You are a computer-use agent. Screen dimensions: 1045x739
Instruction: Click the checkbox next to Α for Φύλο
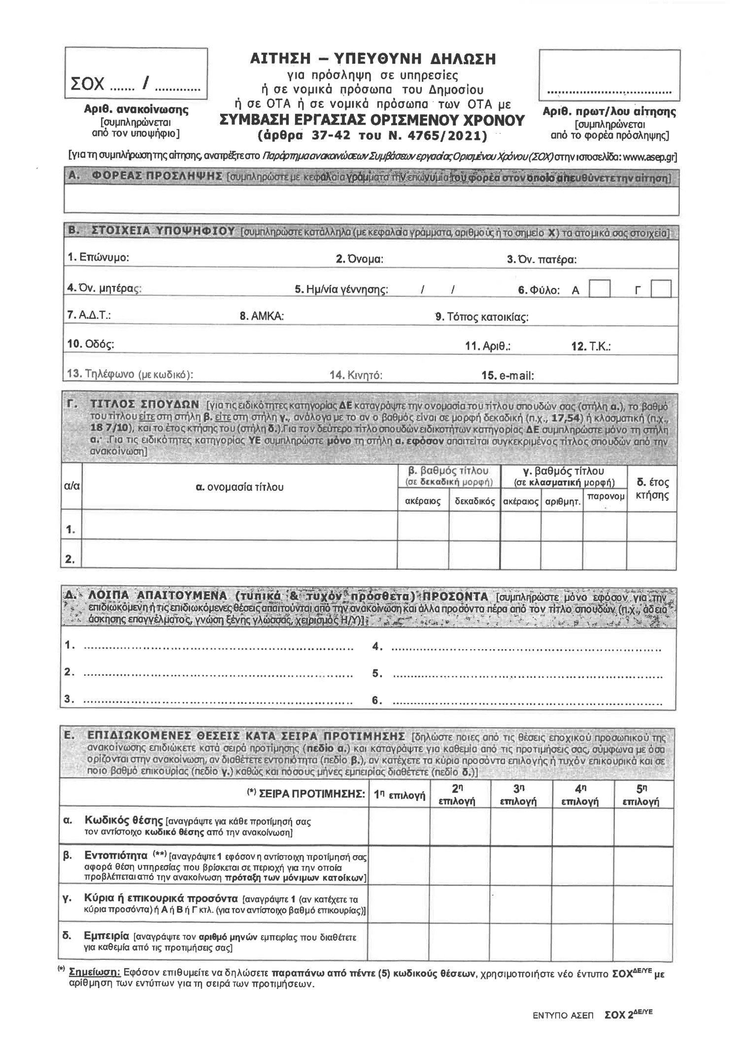pyautogui.click(x=600, y=289)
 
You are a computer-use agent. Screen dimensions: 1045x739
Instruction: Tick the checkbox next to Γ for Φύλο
pyautogui.click(x=661, y=289)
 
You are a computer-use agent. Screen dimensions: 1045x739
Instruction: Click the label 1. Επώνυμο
pyautogui.click(x=99, y=257)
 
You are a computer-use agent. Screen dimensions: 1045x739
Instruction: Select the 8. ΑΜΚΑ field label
pyautogui.click(x=262, y=316)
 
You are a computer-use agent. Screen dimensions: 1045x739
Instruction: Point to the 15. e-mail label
pyautogui.click(x=508, y=375)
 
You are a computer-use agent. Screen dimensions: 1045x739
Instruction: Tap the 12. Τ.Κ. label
pyautogui.click(x=591, y=347)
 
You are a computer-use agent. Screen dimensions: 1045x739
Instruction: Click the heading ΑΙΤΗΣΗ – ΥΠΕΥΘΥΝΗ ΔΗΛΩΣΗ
pyautogui.click(x=372, y=59)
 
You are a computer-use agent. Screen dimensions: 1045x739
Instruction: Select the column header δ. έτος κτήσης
pyautogui.click(x=652, y=488)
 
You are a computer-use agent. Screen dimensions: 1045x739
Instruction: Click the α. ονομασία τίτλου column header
pyautogui.click(x=239, y=488)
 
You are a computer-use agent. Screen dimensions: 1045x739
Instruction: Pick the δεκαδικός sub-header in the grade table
pyautogui.click(x=474, y=501)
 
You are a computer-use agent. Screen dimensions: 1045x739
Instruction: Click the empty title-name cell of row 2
pyautogui.click(x=239, y=555)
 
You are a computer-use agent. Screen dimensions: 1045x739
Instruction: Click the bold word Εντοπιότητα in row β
pyautogui.click(x=116, y=855)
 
